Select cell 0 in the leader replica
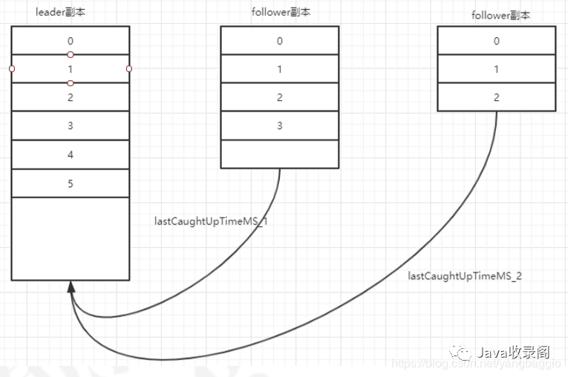click(x=71, y=41)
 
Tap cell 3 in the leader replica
click(x=71, y=126)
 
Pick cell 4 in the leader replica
click(x=71, y=155)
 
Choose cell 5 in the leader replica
click(x=71, y=183)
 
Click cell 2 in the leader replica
click(x=71, y=97)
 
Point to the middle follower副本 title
click(x=279, y=12)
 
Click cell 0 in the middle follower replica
click(x=280, y=41)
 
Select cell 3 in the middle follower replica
click(x=280, y=126)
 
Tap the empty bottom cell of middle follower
click(x=280, y=154)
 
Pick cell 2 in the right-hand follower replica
click(x=496, y=97)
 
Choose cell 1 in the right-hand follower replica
click(x=496, y=69)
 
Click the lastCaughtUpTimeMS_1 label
click(x=211, y=220)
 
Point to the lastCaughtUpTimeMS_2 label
click(x=465, y=275)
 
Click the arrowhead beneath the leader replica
click(x=71, y=288)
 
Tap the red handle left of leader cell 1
click(x=12, y=69)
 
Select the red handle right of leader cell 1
click(x=129, y=69)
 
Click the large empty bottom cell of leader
click(x=71, y=238)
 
